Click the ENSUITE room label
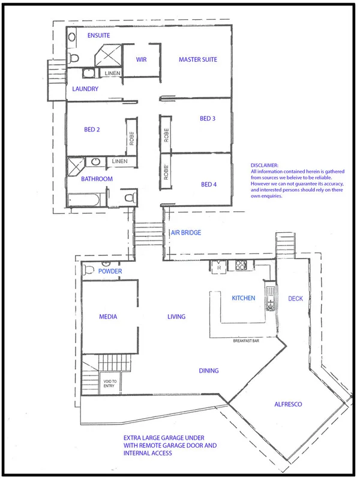point(99,36)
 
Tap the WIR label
point(142,59)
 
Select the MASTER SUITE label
point(197,59)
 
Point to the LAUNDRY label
point(85,89)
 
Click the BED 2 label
point(92,128)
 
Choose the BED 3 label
point(208,119)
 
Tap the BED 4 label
point(209,184)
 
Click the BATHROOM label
point(97,179)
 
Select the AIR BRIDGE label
point(186,233)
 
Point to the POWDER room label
point(110,272)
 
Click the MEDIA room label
point(108,317)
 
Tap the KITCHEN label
point(244,298)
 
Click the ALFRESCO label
point(289,404)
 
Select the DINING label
point(208,371)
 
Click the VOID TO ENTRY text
point(110,383)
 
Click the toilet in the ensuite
point(74,58)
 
